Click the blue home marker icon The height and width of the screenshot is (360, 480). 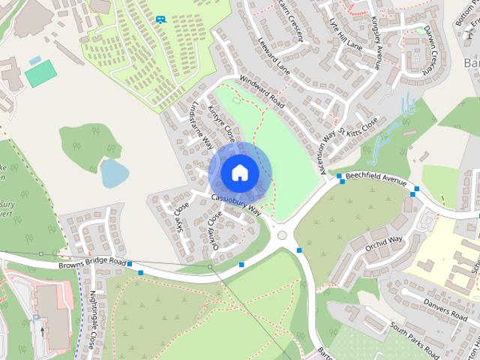tap(239, 172)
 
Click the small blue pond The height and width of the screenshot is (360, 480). tap(114, 173)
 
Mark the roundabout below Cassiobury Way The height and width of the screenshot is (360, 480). tap(283, 235)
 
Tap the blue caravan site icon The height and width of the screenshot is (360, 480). tap(160, 19)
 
